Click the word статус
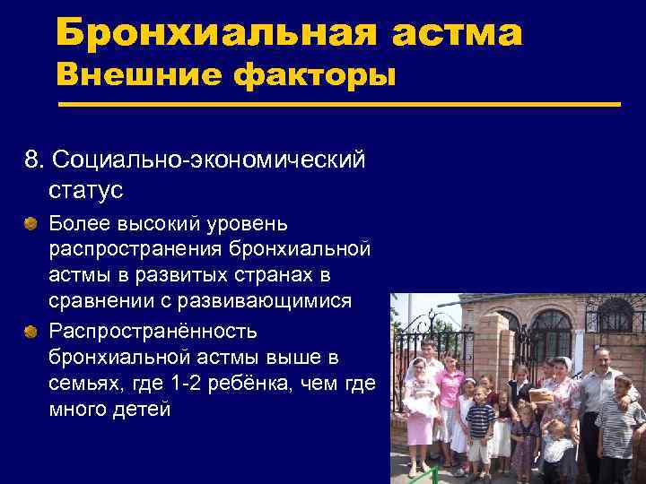click(86, 190)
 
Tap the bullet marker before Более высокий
click(32, 220)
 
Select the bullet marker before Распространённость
click(32, 333)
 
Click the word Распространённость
click(153, 331)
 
